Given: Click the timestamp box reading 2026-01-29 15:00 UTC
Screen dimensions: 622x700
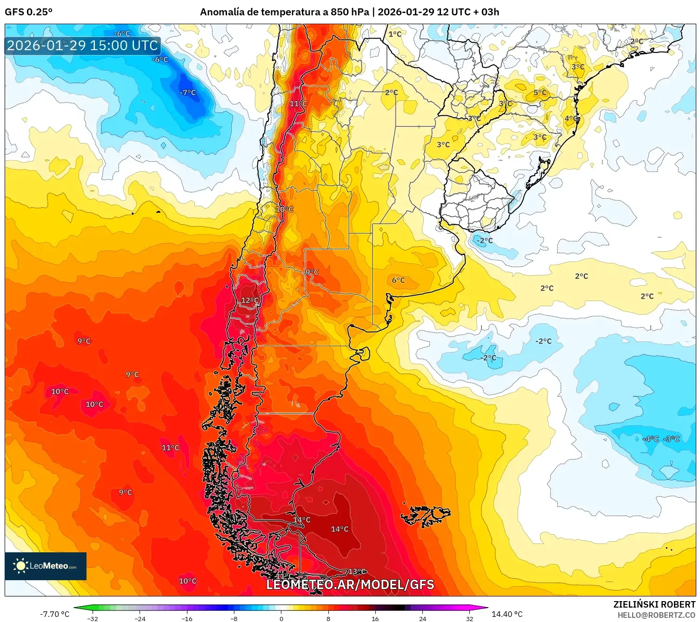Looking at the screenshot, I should (x=83, y=46).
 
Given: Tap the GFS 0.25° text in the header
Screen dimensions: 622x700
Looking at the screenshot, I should (x=28, y=12).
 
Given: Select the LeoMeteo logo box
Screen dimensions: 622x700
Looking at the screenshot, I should (x=46, y=566).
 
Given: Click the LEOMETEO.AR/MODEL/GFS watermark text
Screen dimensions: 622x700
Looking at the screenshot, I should (x=350, y=584).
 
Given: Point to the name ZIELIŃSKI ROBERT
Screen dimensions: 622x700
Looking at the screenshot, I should (x=654, y=604).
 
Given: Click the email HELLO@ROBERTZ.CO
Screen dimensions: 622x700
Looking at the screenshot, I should (x=656, y=615).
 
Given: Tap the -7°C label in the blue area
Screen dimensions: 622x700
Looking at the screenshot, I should (x=188, y=92).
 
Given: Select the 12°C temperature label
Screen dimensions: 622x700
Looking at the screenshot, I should (x=250, y=301).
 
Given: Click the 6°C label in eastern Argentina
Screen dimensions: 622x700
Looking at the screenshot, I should (x=398, y=280).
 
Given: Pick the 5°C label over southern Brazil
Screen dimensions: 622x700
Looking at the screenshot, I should (x=540, y=92).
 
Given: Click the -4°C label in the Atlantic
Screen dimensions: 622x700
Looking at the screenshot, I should (x=650, y=439).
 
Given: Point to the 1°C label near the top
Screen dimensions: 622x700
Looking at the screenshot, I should (x=395, y=34).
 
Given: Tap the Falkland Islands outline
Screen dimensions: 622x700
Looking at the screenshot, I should (x=426, y=515).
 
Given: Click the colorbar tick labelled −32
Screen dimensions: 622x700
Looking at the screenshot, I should (x=93, y=618).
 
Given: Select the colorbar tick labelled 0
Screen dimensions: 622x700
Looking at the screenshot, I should (x=281, y=618).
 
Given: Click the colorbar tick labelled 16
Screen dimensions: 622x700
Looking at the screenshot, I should (x=375, y=618).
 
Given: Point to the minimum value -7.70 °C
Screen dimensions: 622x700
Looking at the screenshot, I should (x=54, y=614).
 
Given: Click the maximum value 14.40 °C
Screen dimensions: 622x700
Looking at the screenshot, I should (x=507, y=614).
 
